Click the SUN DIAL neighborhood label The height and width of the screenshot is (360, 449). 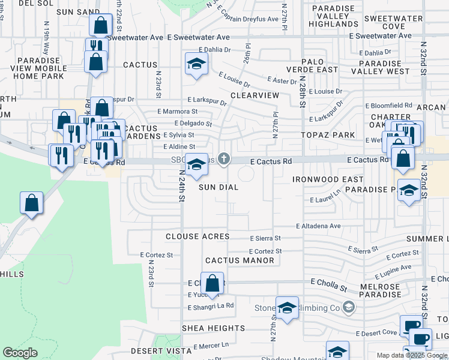click(218, 187)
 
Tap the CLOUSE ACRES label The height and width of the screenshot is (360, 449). click(197, 236)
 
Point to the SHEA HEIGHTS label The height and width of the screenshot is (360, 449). click(213, 328)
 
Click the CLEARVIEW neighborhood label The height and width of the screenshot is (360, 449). click(255, 95)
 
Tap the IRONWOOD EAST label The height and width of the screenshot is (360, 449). click(328, 179)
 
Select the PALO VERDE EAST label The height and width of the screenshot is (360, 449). click(321, 66)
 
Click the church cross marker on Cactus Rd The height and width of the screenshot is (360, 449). click(224, 159)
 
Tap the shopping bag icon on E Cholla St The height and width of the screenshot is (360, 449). click(212, 282)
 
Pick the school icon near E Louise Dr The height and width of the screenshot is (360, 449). click(196, 64)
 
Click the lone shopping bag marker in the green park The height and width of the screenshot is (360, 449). click(31, 203)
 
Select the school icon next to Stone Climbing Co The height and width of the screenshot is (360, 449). click(288, 308)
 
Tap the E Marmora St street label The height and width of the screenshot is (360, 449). click(178, 112)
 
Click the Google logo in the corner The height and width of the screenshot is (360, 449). click(20, 353)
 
